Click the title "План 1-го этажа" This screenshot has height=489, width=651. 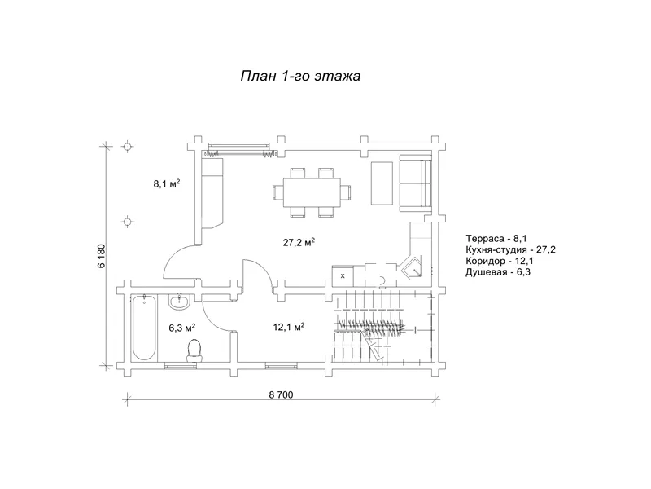[x=300, y=76]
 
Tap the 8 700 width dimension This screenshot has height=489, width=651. [x=281, y=394]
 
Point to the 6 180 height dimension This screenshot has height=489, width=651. [x=103, y=256]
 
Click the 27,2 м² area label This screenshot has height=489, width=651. [x=299, y=242]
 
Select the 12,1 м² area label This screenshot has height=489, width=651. [x=289, y=327]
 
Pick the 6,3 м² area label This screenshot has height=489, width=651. [x=182, y=328]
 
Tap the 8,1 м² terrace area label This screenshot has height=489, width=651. [x=167, y=183]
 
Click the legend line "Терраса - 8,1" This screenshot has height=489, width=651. [x=496, y=239]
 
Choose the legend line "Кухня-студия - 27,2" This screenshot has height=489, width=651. [x=511, y=250]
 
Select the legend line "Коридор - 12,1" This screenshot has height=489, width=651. [x=500, y=261]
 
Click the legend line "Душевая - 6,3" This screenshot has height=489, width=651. [x=498, y=272]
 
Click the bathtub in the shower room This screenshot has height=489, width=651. [x=145, y=328]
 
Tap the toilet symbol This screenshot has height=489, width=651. [x=194, y=350]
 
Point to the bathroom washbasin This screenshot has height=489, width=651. [x=179, y=302]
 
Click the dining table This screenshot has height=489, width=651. [x=312, y=192]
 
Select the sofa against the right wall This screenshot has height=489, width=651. [x=415, y=183]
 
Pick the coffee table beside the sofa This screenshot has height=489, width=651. [x=382, y=183]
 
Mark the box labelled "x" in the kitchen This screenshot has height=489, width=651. [x=343, y=275]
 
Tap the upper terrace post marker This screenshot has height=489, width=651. [x=128, y=147]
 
